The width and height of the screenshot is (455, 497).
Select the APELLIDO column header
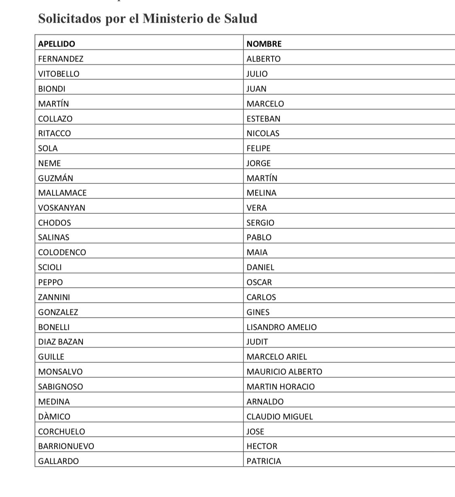pyautogui.click(x=57, y=44)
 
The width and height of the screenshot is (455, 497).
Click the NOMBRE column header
pyautogui.click(x=264, y=44)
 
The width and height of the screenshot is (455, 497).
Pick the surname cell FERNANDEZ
pyautogui.click(x=61, y=59)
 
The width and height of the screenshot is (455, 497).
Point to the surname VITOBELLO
pyautogui.click(x=59, y=74)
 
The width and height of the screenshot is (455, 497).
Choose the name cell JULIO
pyautogui.click(x=257, y=74)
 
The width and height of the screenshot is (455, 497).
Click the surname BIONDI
pyautogui.click(x=52, y=89)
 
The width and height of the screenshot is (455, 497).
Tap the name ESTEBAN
pyautogui.click(x=263, y=119)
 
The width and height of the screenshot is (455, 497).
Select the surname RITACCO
pyautogui.click(x=55, y=134)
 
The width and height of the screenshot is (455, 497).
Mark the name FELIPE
pyautogui.click(x=258, y=149)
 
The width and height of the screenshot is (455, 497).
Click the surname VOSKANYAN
pyautogui.click(x=61, y=208)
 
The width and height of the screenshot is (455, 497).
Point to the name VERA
pyautogui.click(x=257, y=208)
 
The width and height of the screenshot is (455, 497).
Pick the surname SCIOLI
pyautogui.click(x=50, y=268)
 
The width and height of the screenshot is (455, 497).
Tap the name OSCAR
pyautogui.click(x=259, y=282)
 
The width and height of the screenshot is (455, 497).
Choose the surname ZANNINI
pyautogui.click(x=54, y=297)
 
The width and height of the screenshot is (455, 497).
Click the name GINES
pyautogui.click(x=258, y=312)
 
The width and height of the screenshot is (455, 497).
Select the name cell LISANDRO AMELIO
pyautogui.click(x=281, y=327)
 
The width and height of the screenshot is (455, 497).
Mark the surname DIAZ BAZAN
pyautogui.click(x=61, y=342)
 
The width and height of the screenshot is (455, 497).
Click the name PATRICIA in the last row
pyautogui.click(x=264, y=461)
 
